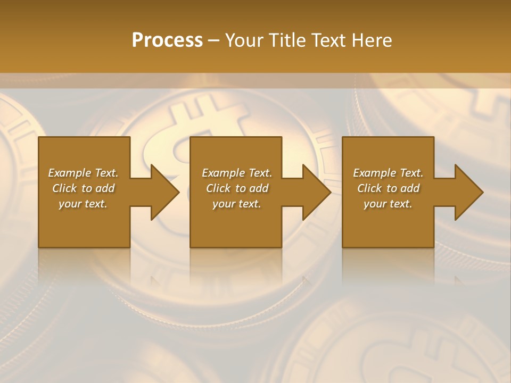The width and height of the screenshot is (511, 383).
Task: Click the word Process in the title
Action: [x=167, y=40]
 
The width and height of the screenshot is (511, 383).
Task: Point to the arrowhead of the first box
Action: [x=165, y=192]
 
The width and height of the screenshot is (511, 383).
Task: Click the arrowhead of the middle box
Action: [x=317, y=192]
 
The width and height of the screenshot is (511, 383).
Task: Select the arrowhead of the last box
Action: [x=469, y=192]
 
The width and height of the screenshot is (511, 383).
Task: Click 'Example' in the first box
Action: [x=70, y=173]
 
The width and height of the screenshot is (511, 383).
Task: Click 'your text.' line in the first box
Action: [x=83, y=204]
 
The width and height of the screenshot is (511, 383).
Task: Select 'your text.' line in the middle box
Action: [x=236, y=204]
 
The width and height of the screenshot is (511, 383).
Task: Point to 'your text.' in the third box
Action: [x=388, y=204]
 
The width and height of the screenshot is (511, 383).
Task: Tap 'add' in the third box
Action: [x=410, y=188]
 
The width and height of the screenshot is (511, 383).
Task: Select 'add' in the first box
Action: [x=105, y=188]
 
